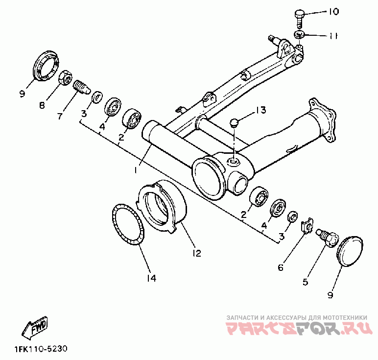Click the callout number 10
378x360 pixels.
click(x=333, y=12)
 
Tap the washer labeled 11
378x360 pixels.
click(x=300, y=34)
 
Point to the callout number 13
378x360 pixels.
click(x=260, y=110)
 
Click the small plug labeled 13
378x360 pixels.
click(x=235, y=121)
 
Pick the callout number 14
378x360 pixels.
click(x=151, y=278)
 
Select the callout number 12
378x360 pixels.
click(x=196, y=253)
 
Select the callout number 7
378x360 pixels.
click(x=60, y=116)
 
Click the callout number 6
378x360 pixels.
click(x=281, y=267)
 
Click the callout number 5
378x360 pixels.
click(x=305, y=282)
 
